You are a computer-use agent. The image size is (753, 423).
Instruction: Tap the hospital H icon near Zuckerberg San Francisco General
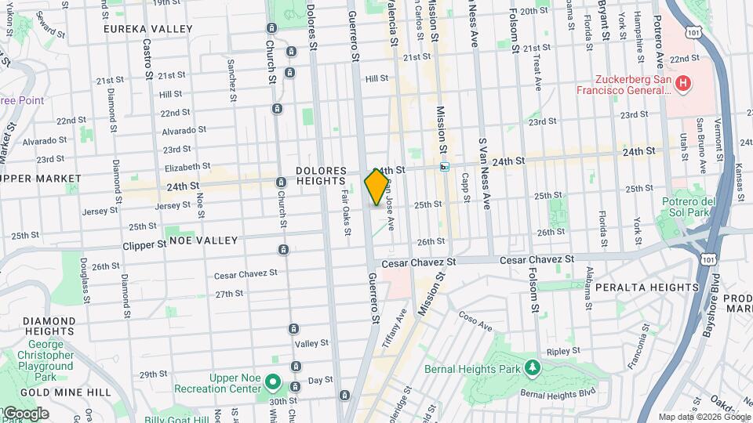(x=683, y=82)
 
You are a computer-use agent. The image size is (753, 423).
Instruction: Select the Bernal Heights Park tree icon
(x=533, y=367)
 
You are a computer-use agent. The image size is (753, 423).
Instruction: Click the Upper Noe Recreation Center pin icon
(x=272, y=381)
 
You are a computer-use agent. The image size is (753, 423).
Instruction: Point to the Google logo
(x=25, y=413)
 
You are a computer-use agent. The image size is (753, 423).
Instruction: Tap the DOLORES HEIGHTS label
(x=321, y=176)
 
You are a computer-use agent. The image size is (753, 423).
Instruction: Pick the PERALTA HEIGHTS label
(x=646, y=287)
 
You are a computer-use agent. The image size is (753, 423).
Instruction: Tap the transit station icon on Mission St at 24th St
(x=445, y=166)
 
